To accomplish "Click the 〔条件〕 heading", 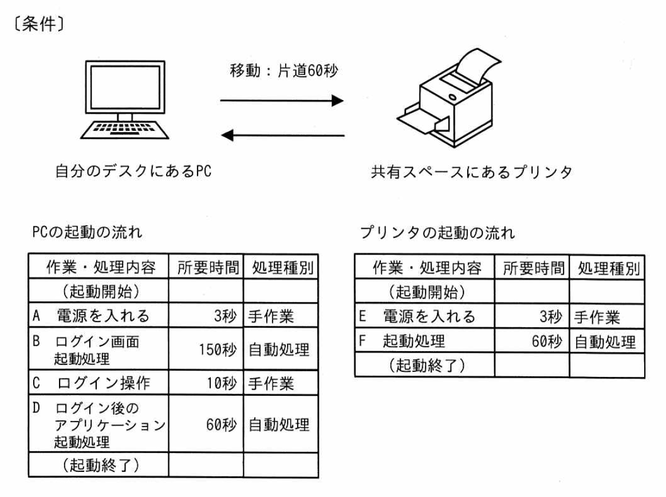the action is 38,24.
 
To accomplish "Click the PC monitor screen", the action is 125,88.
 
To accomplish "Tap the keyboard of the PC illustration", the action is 124,130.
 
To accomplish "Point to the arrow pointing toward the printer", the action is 282,101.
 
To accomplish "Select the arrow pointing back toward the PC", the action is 282,136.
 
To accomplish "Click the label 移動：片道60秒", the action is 283,70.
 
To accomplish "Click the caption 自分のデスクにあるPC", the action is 133,171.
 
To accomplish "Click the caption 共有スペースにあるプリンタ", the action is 471,172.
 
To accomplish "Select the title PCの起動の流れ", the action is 87,232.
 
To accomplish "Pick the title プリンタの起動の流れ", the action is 438,232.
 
